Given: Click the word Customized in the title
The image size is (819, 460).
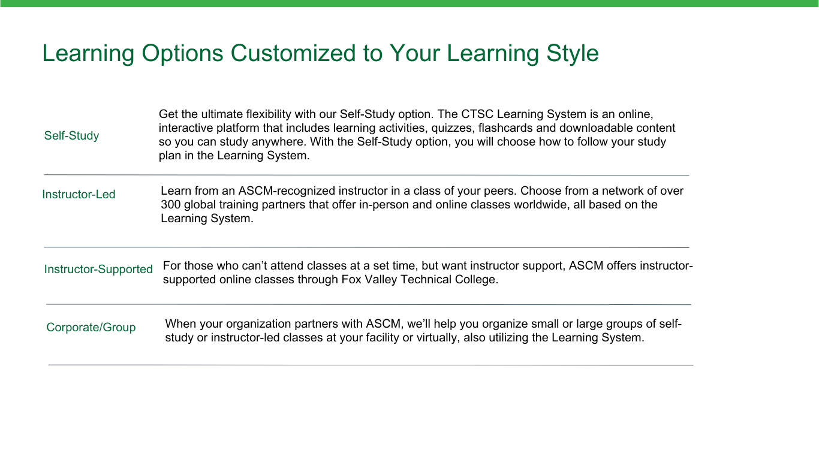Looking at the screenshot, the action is point(293,53).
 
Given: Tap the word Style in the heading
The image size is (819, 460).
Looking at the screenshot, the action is point(573,54).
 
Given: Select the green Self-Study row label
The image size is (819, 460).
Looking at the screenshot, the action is point(72,136).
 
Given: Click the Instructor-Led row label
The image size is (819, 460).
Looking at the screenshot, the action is point(79,195).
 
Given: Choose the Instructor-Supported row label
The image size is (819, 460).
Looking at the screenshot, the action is point(98,270).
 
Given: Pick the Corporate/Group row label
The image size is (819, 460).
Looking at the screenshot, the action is point(91,328).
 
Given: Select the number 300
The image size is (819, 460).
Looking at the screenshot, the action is point(171,205).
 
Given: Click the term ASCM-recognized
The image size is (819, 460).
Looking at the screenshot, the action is point(287,191).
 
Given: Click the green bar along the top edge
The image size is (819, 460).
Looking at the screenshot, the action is point(409,3).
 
